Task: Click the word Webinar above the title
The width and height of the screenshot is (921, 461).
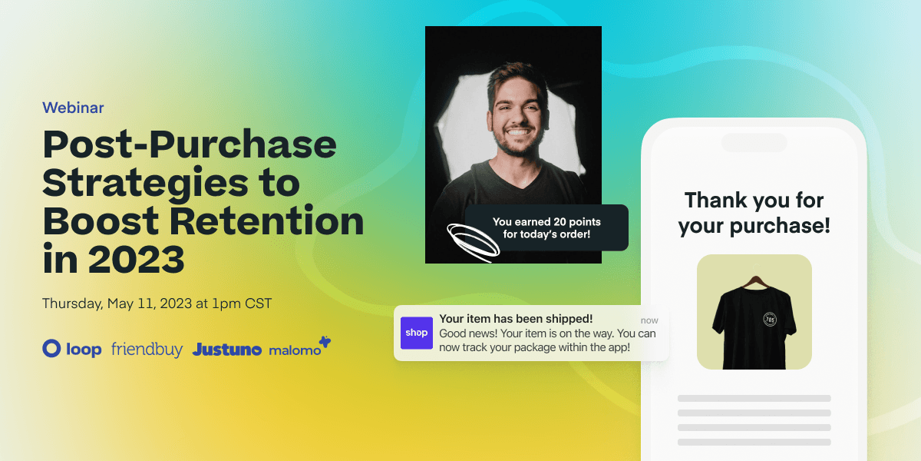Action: pyautogui.click(x=73, y=108)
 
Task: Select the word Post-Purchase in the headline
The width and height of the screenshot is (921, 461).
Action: pyautogui.click(x=190, y=144)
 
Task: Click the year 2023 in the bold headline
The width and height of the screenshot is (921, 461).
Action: pyautogui.click(x=136, y=260)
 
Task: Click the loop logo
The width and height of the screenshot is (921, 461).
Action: pyautogui.click(x=72, y=350)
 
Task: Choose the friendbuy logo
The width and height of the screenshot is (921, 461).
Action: pyautogui.click(x=147, y=350)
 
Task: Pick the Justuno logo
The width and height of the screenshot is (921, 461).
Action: pyautogui.click(x=227, y=350)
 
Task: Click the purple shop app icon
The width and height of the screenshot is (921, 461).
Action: pyautogui.click(x=417, y=333)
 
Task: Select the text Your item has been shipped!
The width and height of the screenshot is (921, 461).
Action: pyautogui.click(x=516, y=319)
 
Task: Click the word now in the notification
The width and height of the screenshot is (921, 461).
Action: pyautogui.click(x=649, y=320)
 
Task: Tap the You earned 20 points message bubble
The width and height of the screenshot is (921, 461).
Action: pyautogui.click(x=546, y=227)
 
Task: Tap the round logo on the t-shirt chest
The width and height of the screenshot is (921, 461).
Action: pyautogui.click(x=770, y=319)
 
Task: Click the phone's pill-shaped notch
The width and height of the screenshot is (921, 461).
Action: pyautogui.click(x=754, y=143)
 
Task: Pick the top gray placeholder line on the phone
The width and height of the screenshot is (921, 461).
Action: pyautogui.click(x=754, y=398)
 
